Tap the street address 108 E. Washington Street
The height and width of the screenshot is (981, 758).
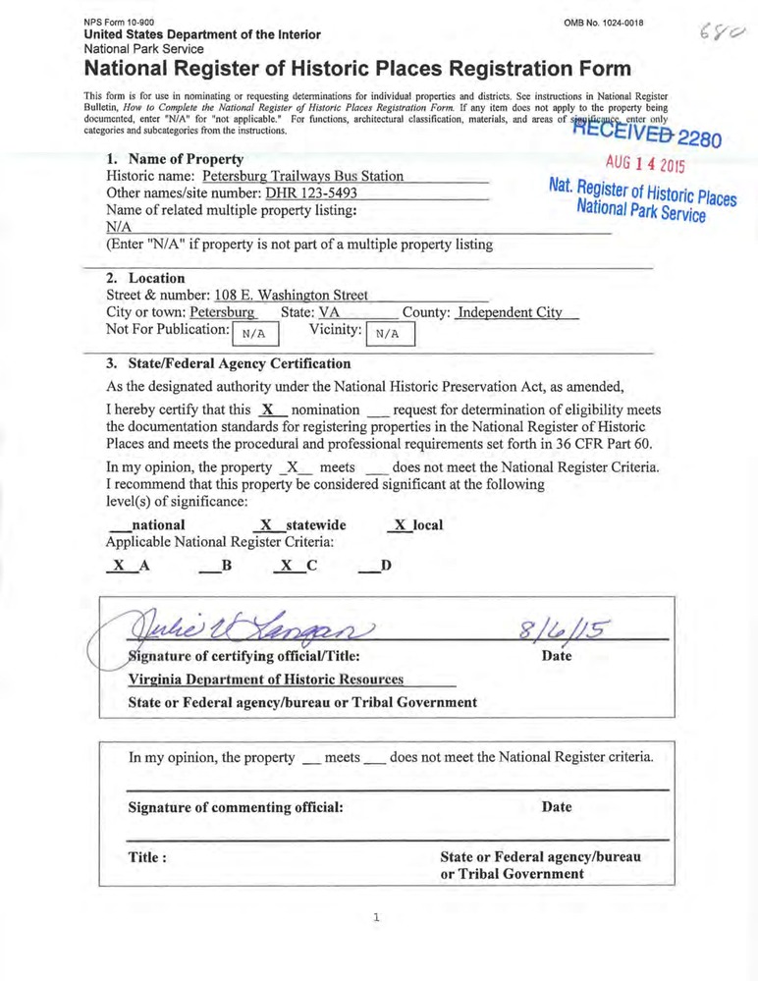click(x=291, y=295)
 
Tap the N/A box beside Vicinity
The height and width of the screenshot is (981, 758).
click(x=390, y=334)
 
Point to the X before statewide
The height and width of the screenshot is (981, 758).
click(x=265, y=525)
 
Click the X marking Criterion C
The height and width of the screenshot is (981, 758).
click(x=286, y=566)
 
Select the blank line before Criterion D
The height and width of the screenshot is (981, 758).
click(x=367, y=568)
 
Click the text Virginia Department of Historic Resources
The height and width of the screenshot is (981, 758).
click(x=266, y=680)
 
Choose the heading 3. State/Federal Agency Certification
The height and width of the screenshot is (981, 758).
click(x=228, y=363)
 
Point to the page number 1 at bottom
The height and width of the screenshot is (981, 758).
click(x=375, y=918)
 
